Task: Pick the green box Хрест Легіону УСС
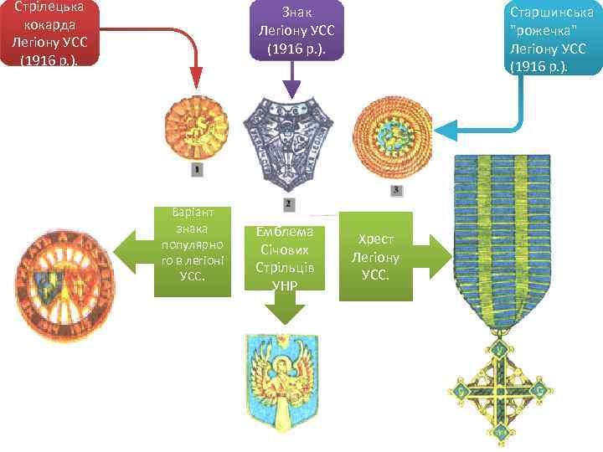(x=375, y=256)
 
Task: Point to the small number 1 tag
(x=197, y=170)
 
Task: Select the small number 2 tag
(x=287, y=203)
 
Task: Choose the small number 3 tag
(x=395, y=192)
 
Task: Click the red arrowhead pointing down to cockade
(x=196, y=82)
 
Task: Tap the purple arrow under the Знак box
(x=291, y=89)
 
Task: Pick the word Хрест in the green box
(x=375, y=239)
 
